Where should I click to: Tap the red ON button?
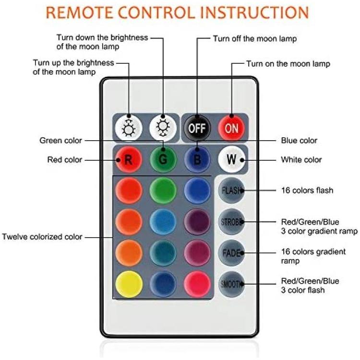point(231,128)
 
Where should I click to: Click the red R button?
point(129,159)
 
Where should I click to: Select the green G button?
point(163,159)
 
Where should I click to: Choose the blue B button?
point(197,159)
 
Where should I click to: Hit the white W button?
point(231,159)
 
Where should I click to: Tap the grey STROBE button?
point(231,222)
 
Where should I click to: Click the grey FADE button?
point(231,253)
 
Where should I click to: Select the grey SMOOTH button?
point(231,284)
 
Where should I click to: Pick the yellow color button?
point(129,284)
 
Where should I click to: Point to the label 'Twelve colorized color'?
point(42,237)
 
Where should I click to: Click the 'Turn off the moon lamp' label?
point(255,38)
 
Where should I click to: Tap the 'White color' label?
point(301,159)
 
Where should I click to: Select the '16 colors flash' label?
point(307,191)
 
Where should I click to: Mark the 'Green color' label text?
point(60,141)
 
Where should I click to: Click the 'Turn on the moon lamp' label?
point(288,63)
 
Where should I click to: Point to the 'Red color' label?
point(64,159)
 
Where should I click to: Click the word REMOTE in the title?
point(79,12)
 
